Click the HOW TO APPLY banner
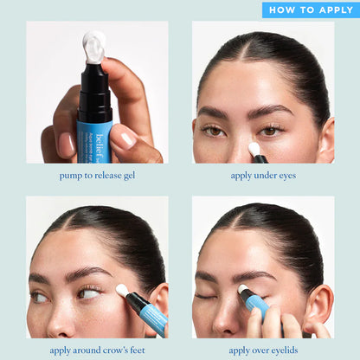[x=310, y=10]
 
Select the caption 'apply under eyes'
[x=263, y=176]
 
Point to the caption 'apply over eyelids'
[x=263, y=350]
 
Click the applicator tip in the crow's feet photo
[x=122, y=291]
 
